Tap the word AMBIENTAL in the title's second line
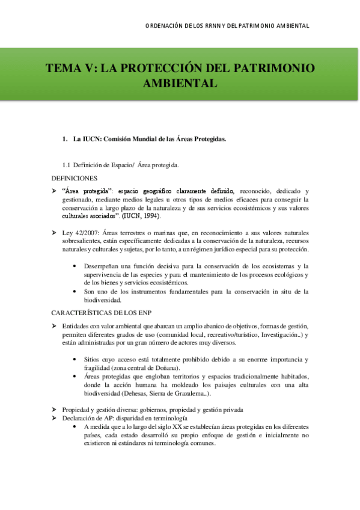point(179,82)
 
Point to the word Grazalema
point(185,394)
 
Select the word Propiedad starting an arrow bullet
point(78,409)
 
